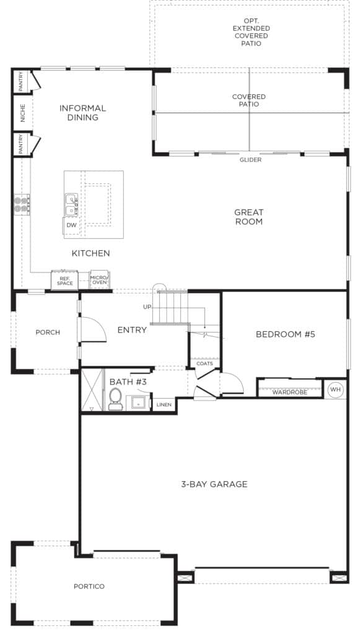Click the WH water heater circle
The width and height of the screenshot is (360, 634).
coord(335,389)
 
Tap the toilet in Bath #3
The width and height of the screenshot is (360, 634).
coord(115,399)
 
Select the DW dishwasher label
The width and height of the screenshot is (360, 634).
coord(72,225)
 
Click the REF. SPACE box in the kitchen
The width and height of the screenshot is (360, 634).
coord(64,280)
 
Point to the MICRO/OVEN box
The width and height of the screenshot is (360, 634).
coord(100,279)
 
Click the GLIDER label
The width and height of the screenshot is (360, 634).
coord(250,160)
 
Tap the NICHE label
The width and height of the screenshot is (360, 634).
coord(23,113)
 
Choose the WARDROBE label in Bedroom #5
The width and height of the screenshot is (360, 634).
coord(289,392)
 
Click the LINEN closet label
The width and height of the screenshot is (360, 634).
coord(164,404)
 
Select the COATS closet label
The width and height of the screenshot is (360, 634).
coord(204,363)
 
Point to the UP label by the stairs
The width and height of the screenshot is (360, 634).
coord(147,307)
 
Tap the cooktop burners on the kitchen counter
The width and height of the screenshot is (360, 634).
coord(22,204)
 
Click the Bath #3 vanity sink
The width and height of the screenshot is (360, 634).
coord(138,403)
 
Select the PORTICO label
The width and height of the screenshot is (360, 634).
coord(89,586)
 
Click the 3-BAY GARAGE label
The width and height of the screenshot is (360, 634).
coord(214,484)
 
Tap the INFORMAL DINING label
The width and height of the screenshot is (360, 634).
coord(82,113)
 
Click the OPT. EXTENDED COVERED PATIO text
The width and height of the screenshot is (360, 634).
coord(251,32)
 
